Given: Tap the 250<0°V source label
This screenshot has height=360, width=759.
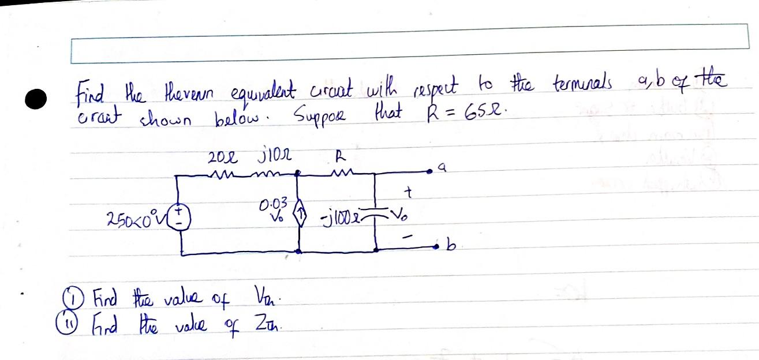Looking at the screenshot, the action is point(132,219).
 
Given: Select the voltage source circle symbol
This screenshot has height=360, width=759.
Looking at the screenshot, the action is point(182,219).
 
